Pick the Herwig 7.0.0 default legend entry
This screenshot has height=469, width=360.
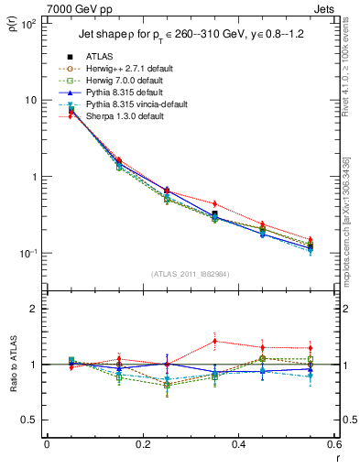[122, 81]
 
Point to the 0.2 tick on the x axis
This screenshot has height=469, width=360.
[142, 444]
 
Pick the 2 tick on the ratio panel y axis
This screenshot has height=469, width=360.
[37, 310]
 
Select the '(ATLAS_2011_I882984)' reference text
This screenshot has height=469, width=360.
[191, 274]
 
